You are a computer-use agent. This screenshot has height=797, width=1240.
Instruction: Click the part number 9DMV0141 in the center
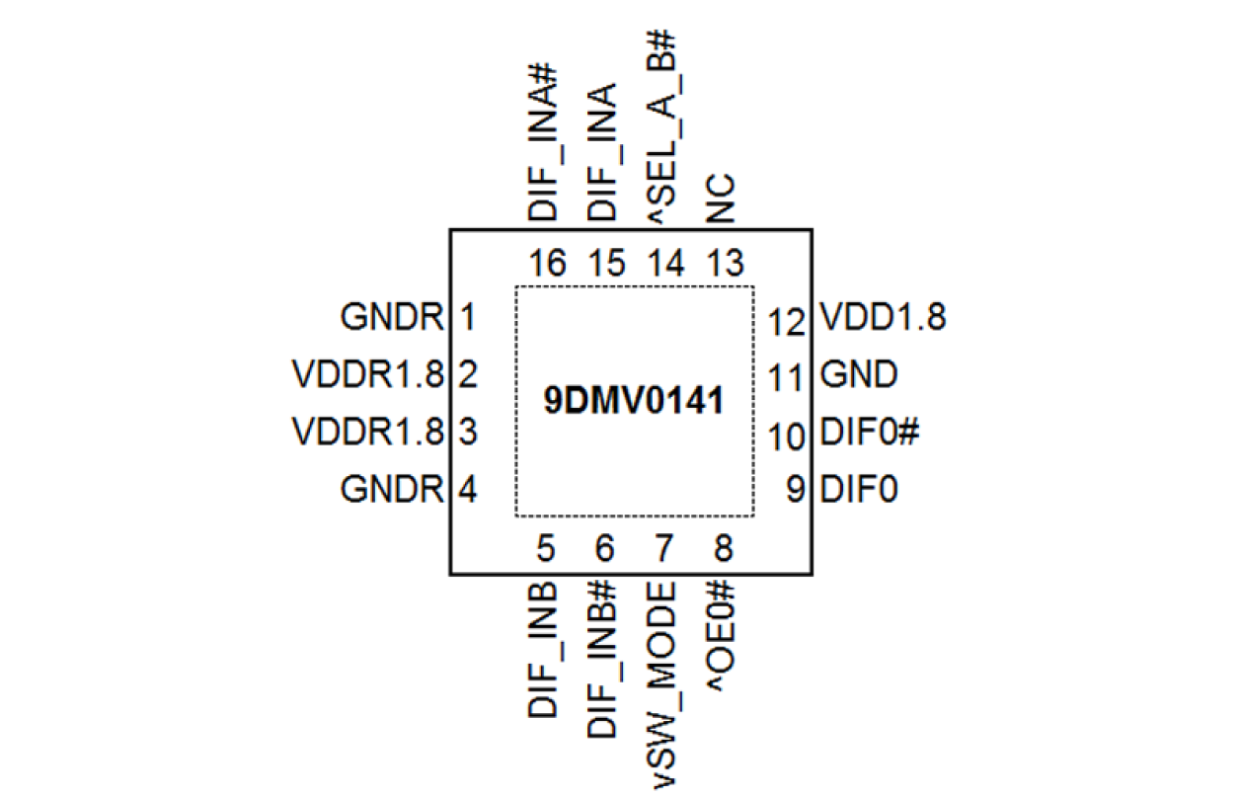click(634, 402)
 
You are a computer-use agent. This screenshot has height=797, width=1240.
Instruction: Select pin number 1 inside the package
click(468, 318)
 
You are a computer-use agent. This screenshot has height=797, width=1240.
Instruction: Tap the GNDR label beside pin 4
click(392, 489)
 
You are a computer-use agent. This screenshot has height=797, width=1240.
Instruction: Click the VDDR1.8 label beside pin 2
click(368, 375)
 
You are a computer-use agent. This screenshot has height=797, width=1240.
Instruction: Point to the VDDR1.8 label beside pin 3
click(368, 432)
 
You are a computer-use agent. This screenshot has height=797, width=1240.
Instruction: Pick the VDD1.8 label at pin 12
click(883, 318)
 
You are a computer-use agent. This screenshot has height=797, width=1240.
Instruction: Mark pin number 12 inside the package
click(787, 321)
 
